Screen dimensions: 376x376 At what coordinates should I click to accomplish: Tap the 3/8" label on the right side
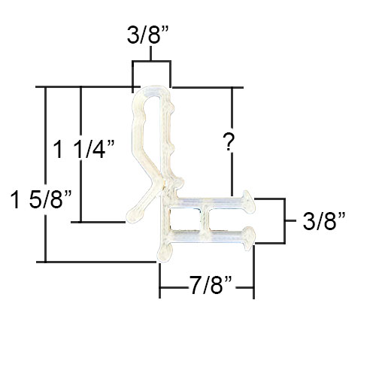[324, 221]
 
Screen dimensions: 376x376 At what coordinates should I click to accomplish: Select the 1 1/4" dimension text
[84, 150]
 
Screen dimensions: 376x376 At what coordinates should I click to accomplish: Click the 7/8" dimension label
[211, 285]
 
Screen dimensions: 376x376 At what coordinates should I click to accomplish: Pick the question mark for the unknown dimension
[229, 142]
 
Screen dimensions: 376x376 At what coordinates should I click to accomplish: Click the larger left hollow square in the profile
[185, 218]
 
